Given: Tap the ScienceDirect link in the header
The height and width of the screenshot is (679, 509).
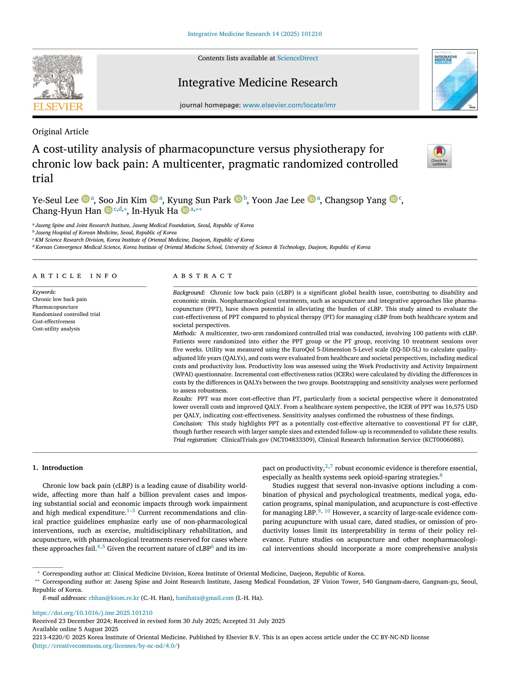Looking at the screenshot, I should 297,58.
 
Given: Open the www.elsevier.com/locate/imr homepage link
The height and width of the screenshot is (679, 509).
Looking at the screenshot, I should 289,105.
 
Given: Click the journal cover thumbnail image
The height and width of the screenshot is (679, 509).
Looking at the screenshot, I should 454,80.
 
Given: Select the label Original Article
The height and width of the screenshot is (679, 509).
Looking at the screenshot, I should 60,132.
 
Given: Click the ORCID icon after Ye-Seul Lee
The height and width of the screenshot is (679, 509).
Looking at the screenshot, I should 85,199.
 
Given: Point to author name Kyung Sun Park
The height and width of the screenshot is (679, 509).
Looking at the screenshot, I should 199,200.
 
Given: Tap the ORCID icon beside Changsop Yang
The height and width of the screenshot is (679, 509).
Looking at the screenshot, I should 393,199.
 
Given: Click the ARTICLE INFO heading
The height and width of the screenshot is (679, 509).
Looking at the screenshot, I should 75,276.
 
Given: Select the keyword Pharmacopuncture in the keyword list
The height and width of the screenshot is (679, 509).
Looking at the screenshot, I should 55,307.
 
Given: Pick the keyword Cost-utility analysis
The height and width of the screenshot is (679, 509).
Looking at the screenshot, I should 56,329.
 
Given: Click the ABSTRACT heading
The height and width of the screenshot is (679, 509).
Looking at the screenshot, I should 203,276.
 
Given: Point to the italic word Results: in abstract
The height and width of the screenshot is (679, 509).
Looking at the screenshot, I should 183,399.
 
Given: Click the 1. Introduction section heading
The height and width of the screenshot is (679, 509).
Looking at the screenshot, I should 58,468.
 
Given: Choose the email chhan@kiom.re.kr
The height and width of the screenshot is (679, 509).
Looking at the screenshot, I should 114,598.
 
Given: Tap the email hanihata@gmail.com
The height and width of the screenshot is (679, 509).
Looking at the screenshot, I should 204,598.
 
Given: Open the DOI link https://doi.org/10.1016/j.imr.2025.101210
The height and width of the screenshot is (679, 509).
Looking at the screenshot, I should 92,613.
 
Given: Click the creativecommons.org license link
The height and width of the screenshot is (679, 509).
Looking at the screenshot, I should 106,646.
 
